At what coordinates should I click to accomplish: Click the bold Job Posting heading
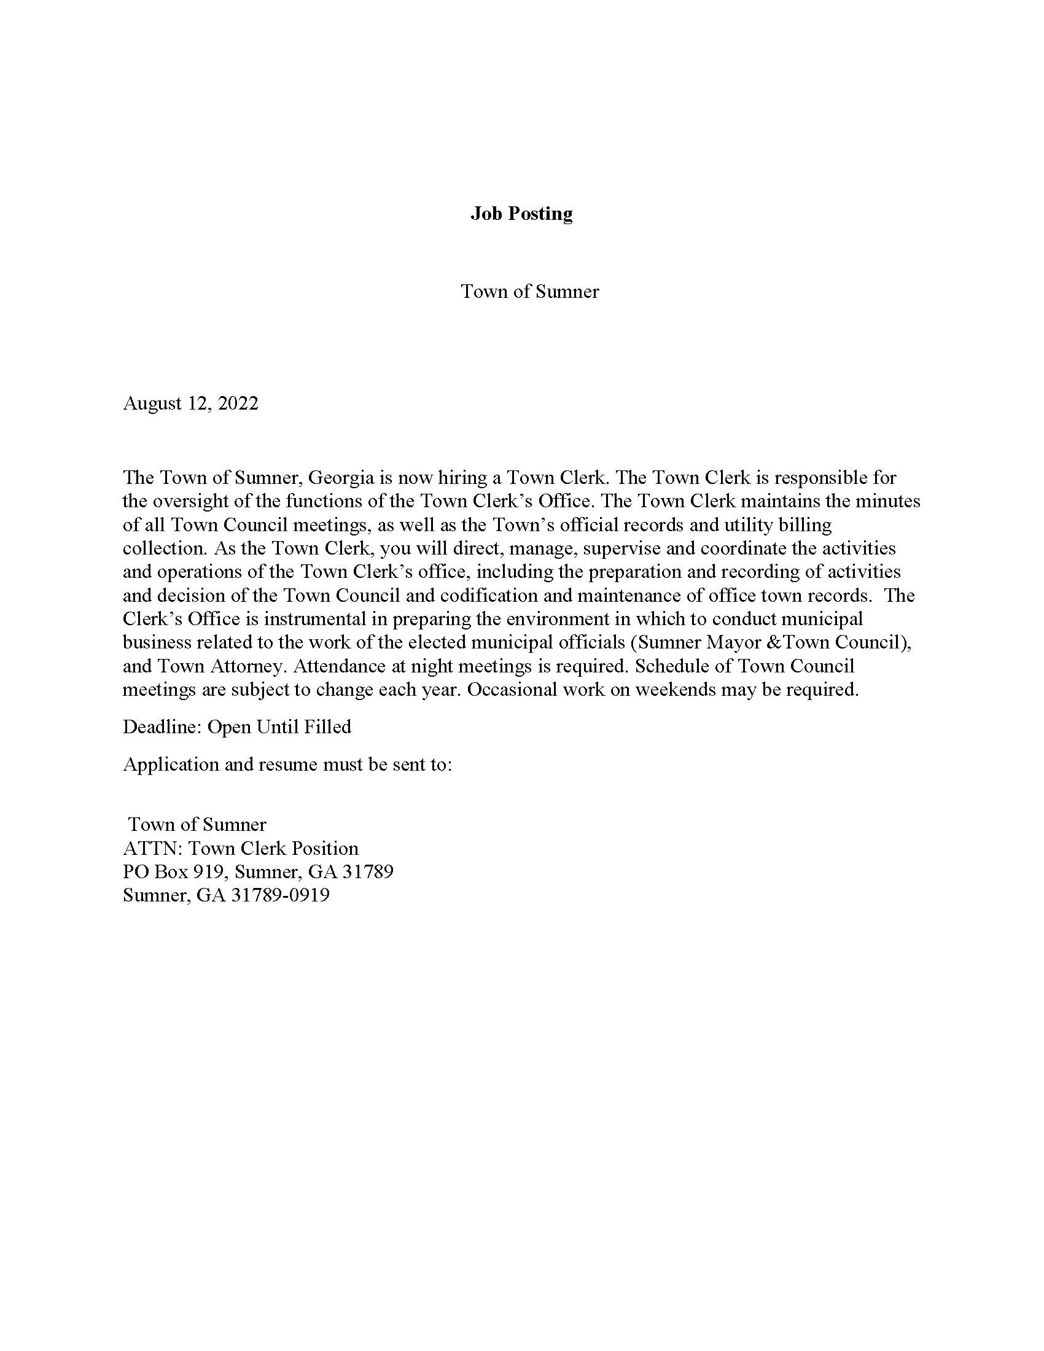pos(521,214)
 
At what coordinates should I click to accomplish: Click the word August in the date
pos(152,403)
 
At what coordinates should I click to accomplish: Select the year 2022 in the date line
pos(238,403)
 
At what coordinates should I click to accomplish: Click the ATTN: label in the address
pos(152,848)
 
